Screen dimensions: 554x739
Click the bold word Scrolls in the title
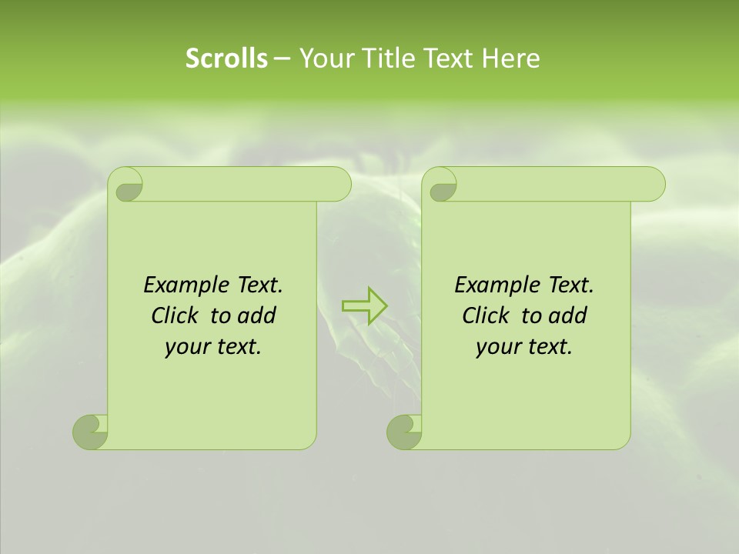(226, 58)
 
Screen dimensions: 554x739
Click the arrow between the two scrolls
(365, 305)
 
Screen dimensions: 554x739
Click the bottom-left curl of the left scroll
(89, 432)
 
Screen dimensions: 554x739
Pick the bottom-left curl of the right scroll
(403, 432)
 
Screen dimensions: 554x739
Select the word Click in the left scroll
(176, 315)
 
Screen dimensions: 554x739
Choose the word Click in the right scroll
(487, 315)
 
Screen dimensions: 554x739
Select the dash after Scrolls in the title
(282, 58)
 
